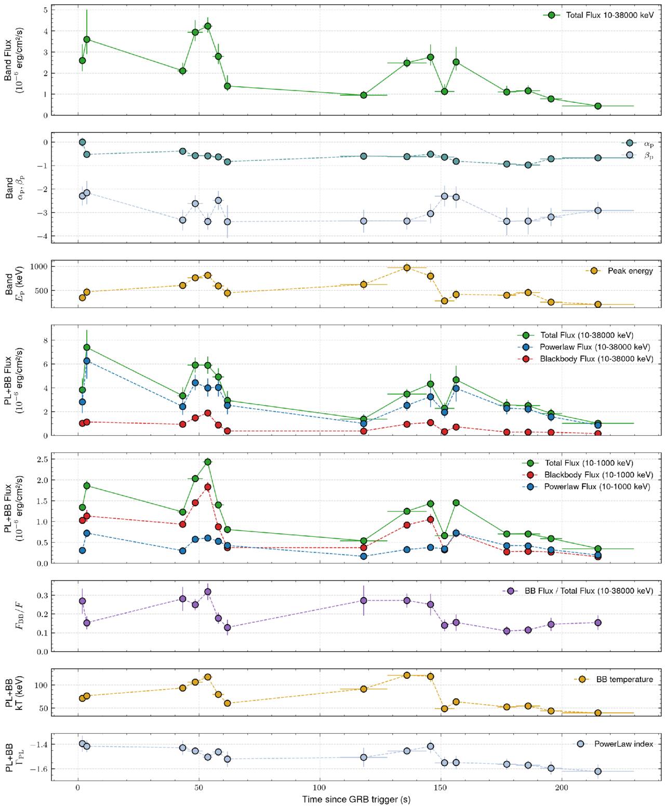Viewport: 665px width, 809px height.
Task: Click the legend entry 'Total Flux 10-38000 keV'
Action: [x=609, y=15]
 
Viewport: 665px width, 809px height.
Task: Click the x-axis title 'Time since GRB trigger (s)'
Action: [x=356, y=799]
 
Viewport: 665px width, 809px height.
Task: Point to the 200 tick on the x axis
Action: [x=562, y=788]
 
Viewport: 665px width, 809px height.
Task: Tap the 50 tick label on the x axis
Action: [x=199, y=788]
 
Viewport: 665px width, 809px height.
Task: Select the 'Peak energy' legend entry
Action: [x=630, y=271]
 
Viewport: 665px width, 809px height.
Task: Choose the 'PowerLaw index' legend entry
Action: [x=623, y=744]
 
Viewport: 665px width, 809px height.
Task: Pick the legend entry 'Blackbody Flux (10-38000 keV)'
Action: [x=596, y=359]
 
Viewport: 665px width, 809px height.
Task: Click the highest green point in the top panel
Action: [x=208, y=26]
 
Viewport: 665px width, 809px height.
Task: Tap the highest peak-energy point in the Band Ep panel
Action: [x=407, y=268]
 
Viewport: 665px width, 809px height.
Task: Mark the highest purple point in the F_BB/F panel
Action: [x=208, y=591]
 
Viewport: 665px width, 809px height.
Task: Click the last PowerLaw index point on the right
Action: [x=598, y=771]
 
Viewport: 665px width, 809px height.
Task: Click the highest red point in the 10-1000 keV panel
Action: [x=208, y=487]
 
